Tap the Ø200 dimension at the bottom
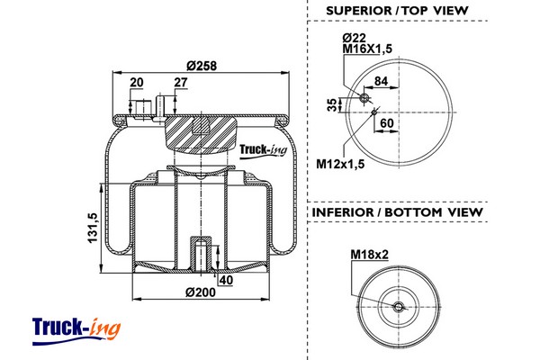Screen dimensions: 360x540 coord(199,292)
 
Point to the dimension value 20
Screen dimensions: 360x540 coord(137,83)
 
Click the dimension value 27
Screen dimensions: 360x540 coord(180,83)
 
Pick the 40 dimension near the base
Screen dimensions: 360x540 coord(225,280)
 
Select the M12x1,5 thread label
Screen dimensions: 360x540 coord(341,163)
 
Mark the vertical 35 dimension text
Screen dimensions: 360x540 coord(332,103)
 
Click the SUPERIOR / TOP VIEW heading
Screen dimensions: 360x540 coord(397,11)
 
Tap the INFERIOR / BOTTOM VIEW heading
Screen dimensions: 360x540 coord(397,212)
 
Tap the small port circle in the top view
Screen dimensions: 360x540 coord(365,98)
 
